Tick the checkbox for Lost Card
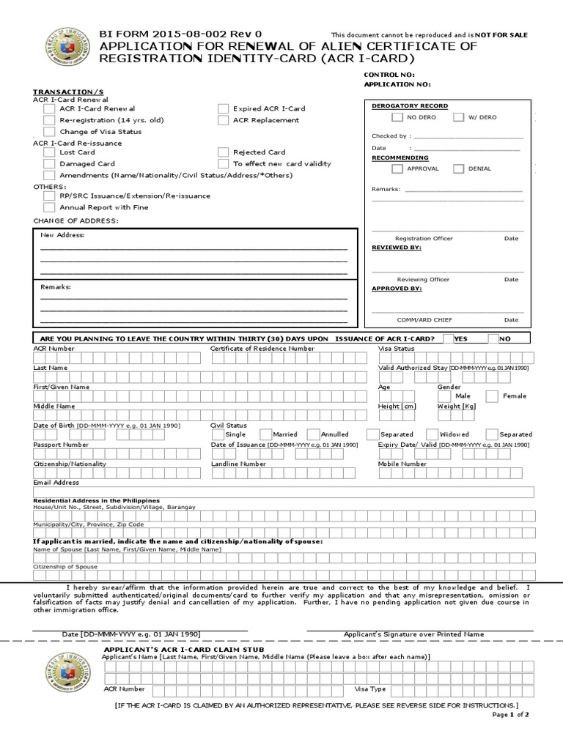[49, 152]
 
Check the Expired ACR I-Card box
[223, 108]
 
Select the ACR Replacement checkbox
[223, 120]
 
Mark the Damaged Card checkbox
[49, 164]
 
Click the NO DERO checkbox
[397, 117]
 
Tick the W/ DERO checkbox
[458, 117]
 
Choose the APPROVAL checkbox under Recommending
[397, 169]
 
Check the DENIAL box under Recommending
[458, 169]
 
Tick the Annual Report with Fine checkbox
[49, 207]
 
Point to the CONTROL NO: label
[389, 75]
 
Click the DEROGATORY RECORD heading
[410, 106]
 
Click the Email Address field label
[56, 483]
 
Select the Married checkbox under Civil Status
[257, 434]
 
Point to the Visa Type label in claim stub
[370, 689]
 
